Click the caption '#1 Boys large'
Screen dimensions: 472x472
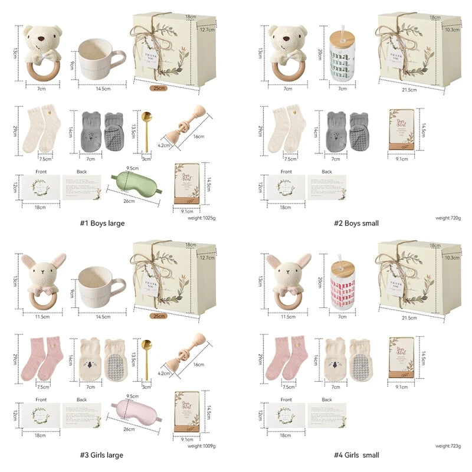point(102,223)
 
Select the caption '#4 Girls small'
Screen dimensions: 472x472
point(356,455)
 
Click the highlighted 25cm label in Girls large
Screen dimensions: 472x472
point(158,316)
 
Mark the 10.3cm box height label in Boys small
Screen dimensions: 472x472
point(451,29)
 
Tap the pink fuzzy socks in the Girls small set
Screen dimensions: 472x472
point(284,358)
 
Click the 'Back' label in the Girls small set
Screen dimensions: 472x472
point(326,400)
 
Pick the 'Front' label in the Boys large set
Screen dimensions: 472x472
point(41,172)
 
